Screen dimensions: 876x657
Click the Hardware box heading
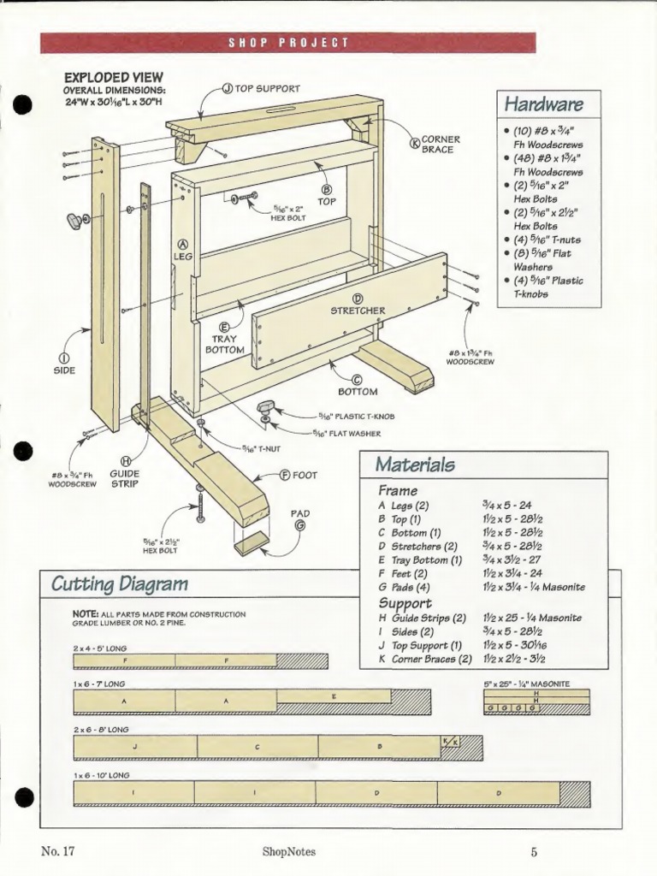click(x=544, y=104)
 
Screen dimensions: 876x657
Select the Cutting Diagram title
click(x=119, y=584)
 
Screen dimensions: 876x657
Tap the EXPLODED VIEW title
click(x=113, y=77)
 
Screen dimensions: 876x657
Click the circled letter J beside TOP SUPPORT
click(x=228, y=88)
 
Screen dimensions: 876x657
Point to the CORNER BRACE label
click(x=440, y=144)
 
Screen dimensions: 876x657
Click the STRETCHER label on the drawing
click(x=358, y=310)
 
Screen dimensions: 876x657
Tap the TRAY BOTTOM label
click(x=225, y=344)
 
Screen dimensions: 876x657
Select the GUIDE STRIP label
click(x=125, y=477)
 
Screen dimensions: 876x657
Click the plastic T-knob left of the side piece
click(x=76, y=221)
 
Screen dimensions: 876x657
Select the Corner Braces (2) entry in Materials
click(x=425, y=659)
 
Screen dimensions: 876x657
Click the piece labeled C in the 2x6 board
click(x=257, y=747)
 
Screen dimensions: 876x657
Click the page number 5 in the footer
click(x=533, y=851)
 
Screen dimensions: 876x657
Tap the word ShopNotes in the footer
click(x=289, y=851)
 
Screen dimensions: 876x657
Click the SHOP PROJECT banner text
click(x=287, y=43)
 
